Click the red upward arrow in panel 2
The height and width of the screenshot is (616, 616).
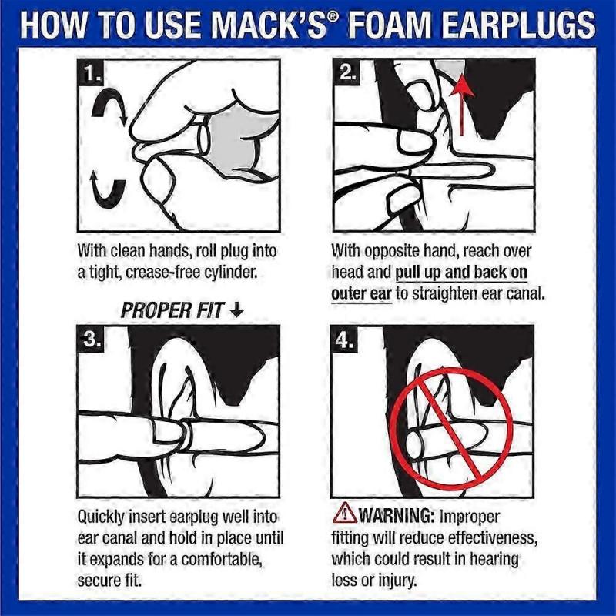[x=462, y=104]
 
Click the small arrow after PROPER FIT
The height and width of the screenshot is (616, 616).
[x=236, y=310]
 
